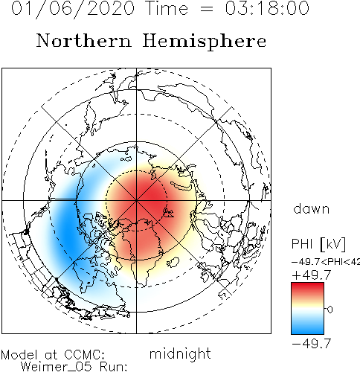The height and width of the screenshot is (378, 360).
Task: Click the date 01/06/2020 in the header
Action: tap(73, 8)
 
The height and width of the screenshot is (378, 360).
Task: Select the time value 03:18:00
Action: tap(267, 8)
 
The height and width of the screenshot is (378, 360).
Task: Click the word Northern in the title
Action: tap(84, 41)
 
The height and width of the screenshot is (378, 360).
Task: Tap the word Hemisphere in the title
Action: tap(205, 42)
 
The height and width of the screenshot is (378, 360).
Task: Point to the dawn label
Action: tap(312, 209)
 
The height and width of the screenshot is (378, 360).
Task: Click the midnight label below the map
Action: tap(180, 353)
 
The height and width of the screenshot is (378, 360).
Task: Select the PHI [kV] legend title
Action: tap(318, 244)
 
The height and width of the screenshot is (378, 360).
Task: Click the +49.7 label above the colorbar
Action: tap(312, 275)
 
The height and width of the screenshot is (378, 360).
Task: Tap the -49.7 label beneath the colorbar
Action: tap(312, 344)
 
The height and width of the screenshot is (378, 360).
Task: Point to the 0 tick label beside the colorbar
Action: tap(330, 310)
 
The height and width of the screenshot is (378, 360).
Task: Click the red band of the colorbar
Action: tap(307, 289)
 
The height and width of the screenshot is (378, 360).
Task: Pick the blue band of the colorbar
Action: tap(307, 327)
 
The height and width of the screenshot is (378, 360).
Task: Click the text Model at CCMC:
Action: tap(53, 355)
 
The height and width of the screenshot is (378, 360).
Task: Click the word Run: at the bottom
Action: tap(114, 367)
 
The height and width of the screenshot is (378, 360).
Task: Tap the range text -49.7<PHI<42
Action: tap(326, 262)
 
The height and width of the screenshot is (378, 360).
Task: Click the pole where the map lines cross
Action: tap(136, 200)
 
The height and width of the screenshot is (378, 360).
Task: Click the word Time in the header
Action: tap(167, 8)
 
